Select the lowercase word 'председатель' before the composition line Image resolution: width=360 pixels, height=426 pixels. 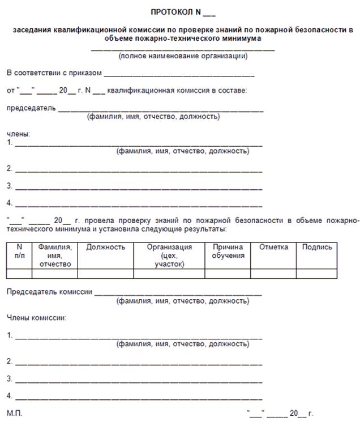tap(31, 108)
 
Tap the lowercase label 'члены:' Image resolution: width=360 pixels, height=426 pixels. tap(18, 134)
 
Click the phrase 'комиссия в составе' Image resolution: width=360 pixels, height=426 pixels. tap(213, 90)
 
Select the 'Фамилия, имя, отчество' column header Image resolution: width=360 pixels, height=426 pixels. tap(55, 255)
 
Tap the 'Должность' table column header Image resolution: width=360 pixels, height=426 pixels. tap(105, 247)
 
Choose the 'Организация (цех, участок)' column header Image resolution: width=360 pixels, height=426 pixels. tap(169, 255)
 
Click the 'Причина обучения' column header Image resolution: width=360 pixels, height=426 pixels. tap(228, 251)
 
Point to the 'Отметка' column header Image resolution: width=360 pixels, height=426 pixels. tap(273, 247)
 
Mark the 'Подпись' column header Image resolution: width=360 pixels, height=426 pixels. tap(317, 247)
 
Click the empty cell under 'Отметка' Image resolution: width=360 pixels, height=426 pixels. tap(273, 273)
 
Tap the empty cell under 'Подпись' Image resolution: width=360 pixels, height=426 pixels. tap(317, 273)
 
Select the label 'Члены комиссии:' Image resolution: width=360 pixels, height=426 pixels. tap(36, 317)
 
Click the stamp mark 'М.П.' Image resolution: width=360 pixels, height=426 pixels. tap(15, 414)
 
